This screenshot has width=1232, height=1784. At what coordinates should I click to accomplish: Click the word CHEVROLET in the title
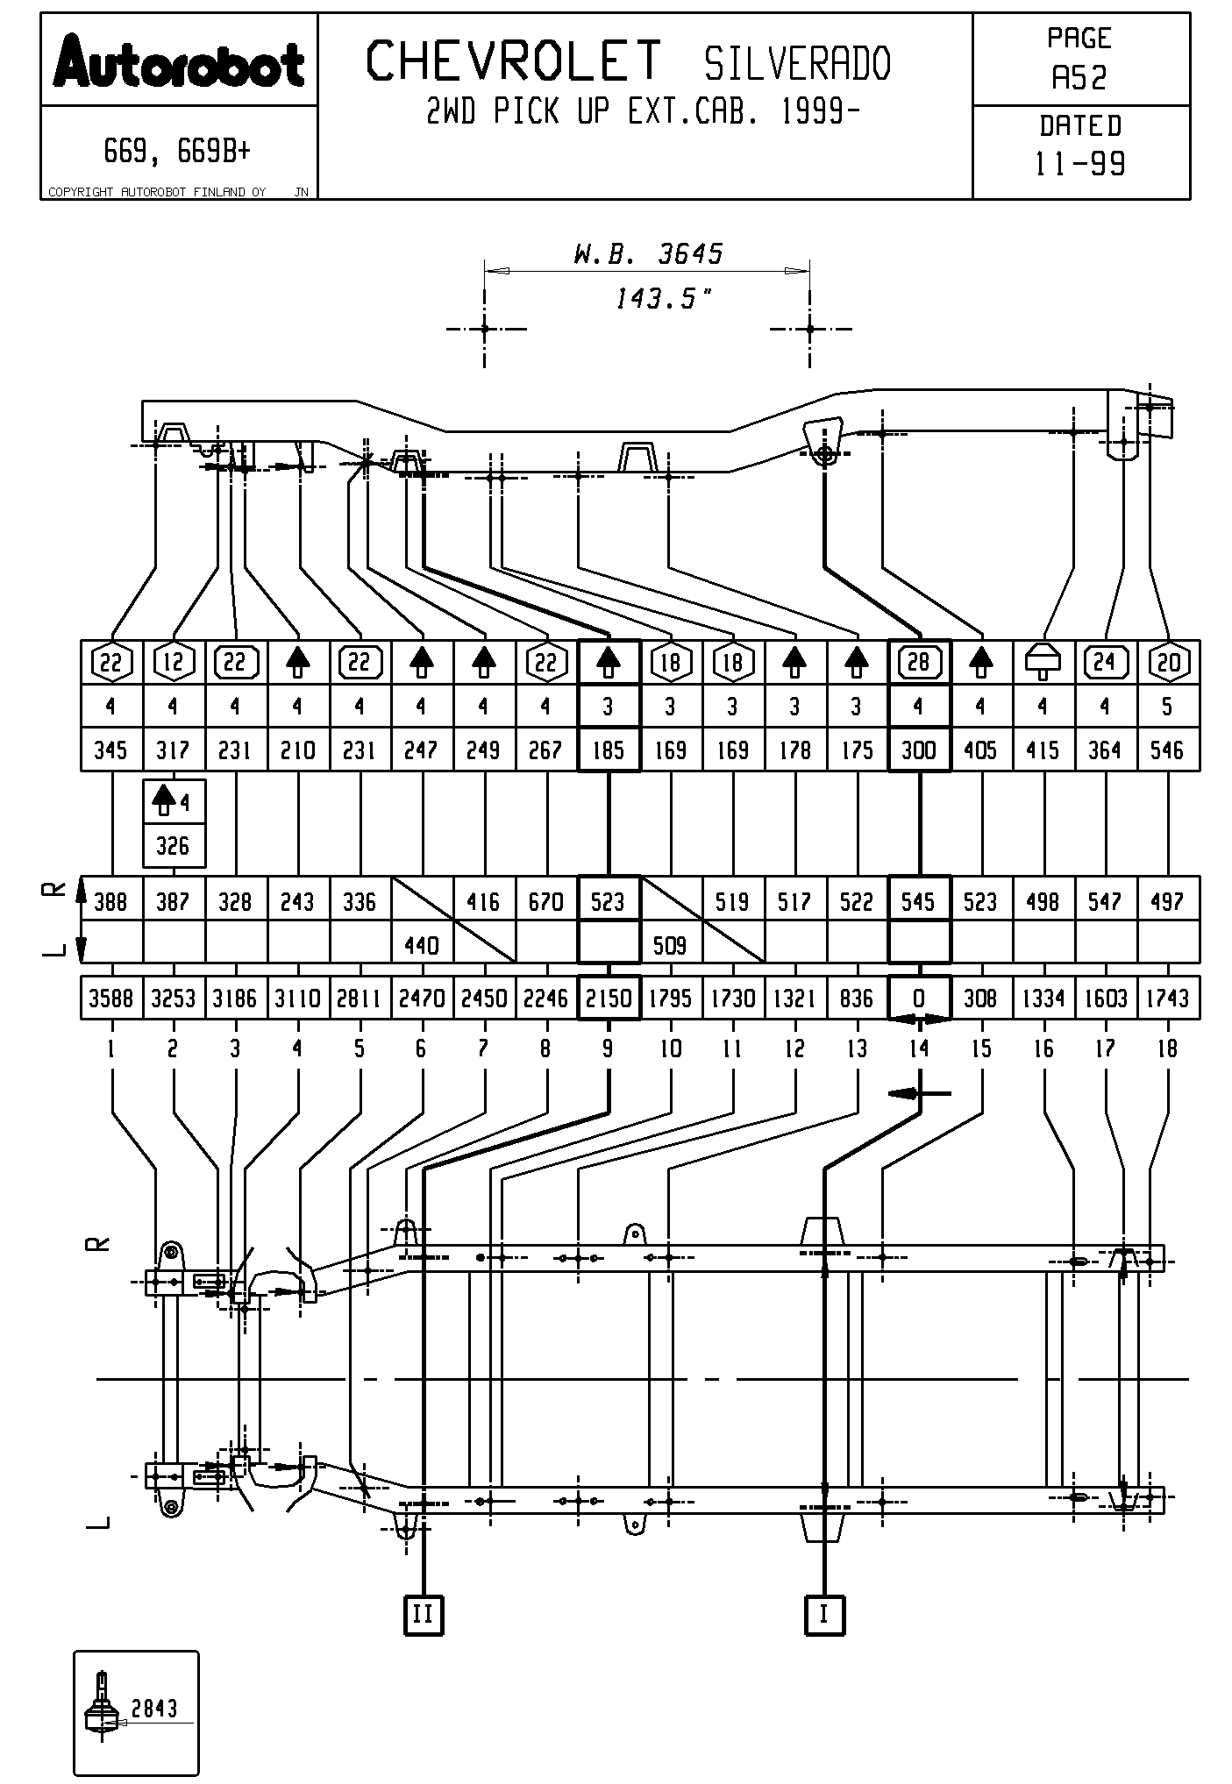click(513, 61)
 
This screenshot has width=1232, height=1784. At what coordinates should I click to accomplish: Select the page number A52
click(1079, 79)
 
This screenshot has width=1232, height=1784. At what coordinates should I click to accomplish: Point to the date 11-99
click(1079, 164)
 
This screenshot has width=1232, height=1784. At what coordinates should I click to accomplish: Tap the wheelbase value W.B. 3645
click(647, 254)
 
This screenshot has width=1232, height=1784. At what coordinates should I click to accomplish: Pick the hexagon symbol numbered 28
click(918, 662)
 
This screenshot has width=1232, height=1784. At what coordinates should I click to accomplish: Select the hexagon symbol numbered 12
click(173, 662)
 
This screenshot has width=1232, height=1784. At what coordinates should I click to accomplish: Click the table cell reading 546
click(1167, 750)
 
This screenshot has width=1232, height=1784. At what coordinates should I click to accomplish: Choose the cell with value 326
click(173, 846)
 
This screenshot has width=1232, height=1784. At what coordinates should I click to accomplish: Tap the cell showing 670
click(545, 901)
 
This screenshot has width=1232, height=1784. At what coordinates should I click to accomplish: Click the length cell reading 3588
click(110, 999)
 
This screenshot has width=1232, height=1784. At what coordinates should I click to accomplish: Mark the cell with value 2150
click(608, 999)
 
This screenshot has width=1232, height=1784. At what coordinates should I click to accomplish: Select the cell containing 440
click(421, 945)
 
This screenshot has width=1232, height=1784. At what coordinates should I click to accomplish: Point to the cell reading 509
click(670, 945)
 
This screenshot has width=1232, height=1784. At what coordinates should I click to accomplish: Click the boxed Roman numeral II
click(423, 1614)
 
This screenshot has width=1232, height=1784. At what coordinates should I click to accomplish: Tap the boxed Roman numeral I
click(824, 1614)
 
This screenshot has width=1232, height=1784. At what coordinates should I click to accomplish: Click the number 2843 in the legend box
click(154, 1708)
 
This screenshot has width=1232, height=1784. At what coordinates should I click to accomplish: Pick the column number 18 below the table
click(1167, 1048)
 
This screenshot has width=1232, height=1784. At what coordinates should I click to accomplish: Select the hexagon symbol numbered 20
click(1167, 662)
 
